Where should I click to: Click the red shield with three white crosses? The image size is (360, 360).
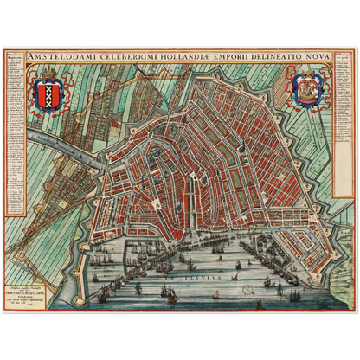coord(47,94)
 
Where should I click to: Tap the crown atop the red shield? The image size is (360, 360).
coord(47,76)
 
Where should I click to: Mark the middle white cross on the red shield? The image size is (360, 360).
coord(47,93)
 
